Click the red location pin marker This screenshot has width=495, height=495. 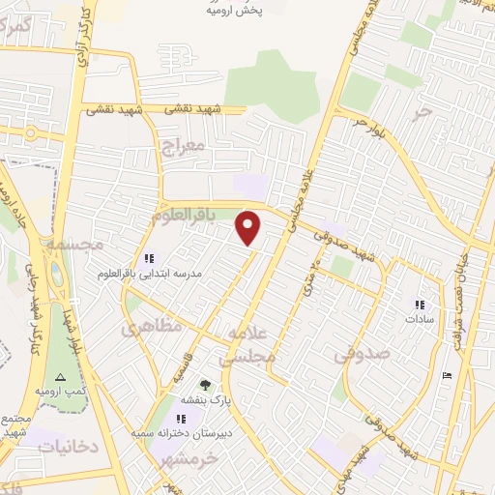pos(249,227)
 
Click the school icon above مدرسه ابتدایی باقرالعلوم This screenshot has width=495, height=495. pos(149,258)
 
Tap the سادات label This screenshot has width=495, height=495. pos(419,318)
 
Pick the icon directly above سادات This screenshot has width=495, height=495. pos(419,303)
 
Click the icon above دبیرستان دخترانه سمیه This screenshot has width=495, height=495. pos(181,419)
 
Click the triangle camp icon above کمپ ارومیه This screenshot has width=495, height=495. pos(60,376)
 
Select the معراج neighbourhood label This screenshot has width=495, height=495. pos(180,147)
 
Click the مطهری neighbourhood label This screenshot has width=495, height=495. pos(152,329)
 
